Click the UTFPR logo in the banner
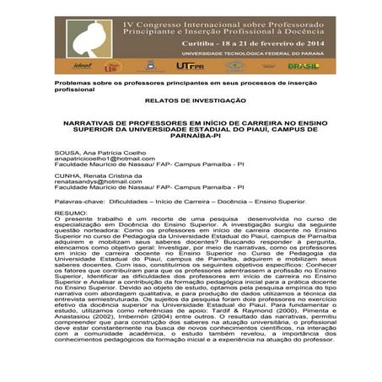(187, 65)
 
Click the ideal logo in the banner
(83, 64)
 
